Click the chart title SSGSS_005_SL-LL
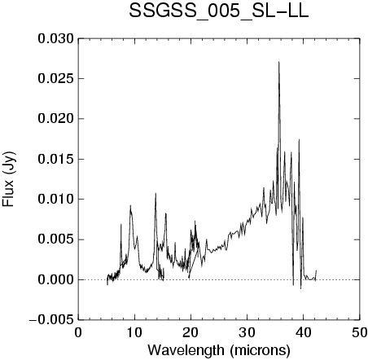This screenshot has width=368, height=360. click(219, 11)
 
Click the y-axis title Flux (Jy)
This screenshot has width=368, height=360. click(8, 179)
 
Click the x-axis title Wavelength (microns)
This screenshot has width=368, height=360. click(219, 350)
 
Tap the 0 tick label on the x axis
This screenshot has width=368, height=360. click(78, 332)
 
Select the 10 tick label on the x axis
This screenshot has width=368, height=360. click(134, 332)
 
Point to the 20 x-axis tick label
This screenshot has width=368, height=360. click(191, 332)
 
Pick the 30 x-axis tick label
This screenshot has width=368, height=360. click(248, 332)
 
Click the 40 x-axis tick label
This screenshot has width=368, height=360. click(304, 332)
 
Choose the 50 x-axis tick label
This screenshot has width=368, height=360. click(359, 332)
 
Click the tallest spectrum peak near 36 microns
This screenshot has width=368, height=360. click(278, 62)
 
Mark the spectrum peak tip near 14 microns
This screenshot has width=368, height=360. click(156, 193)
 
